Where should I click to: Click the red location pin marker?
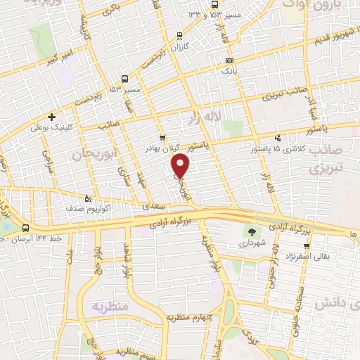(181, 165)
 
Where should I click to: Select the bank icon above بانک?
(229, 60)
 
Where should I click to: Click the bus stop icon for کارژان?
(179, 34)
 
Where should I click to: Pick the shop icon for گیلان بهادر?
(162, 137)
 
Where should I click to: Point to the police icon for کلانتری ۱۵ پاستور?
(278, 138)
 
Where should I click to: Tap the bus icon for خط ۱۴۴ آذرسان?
(26, 229)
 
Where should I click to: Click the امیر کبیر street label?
(62, 57)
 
